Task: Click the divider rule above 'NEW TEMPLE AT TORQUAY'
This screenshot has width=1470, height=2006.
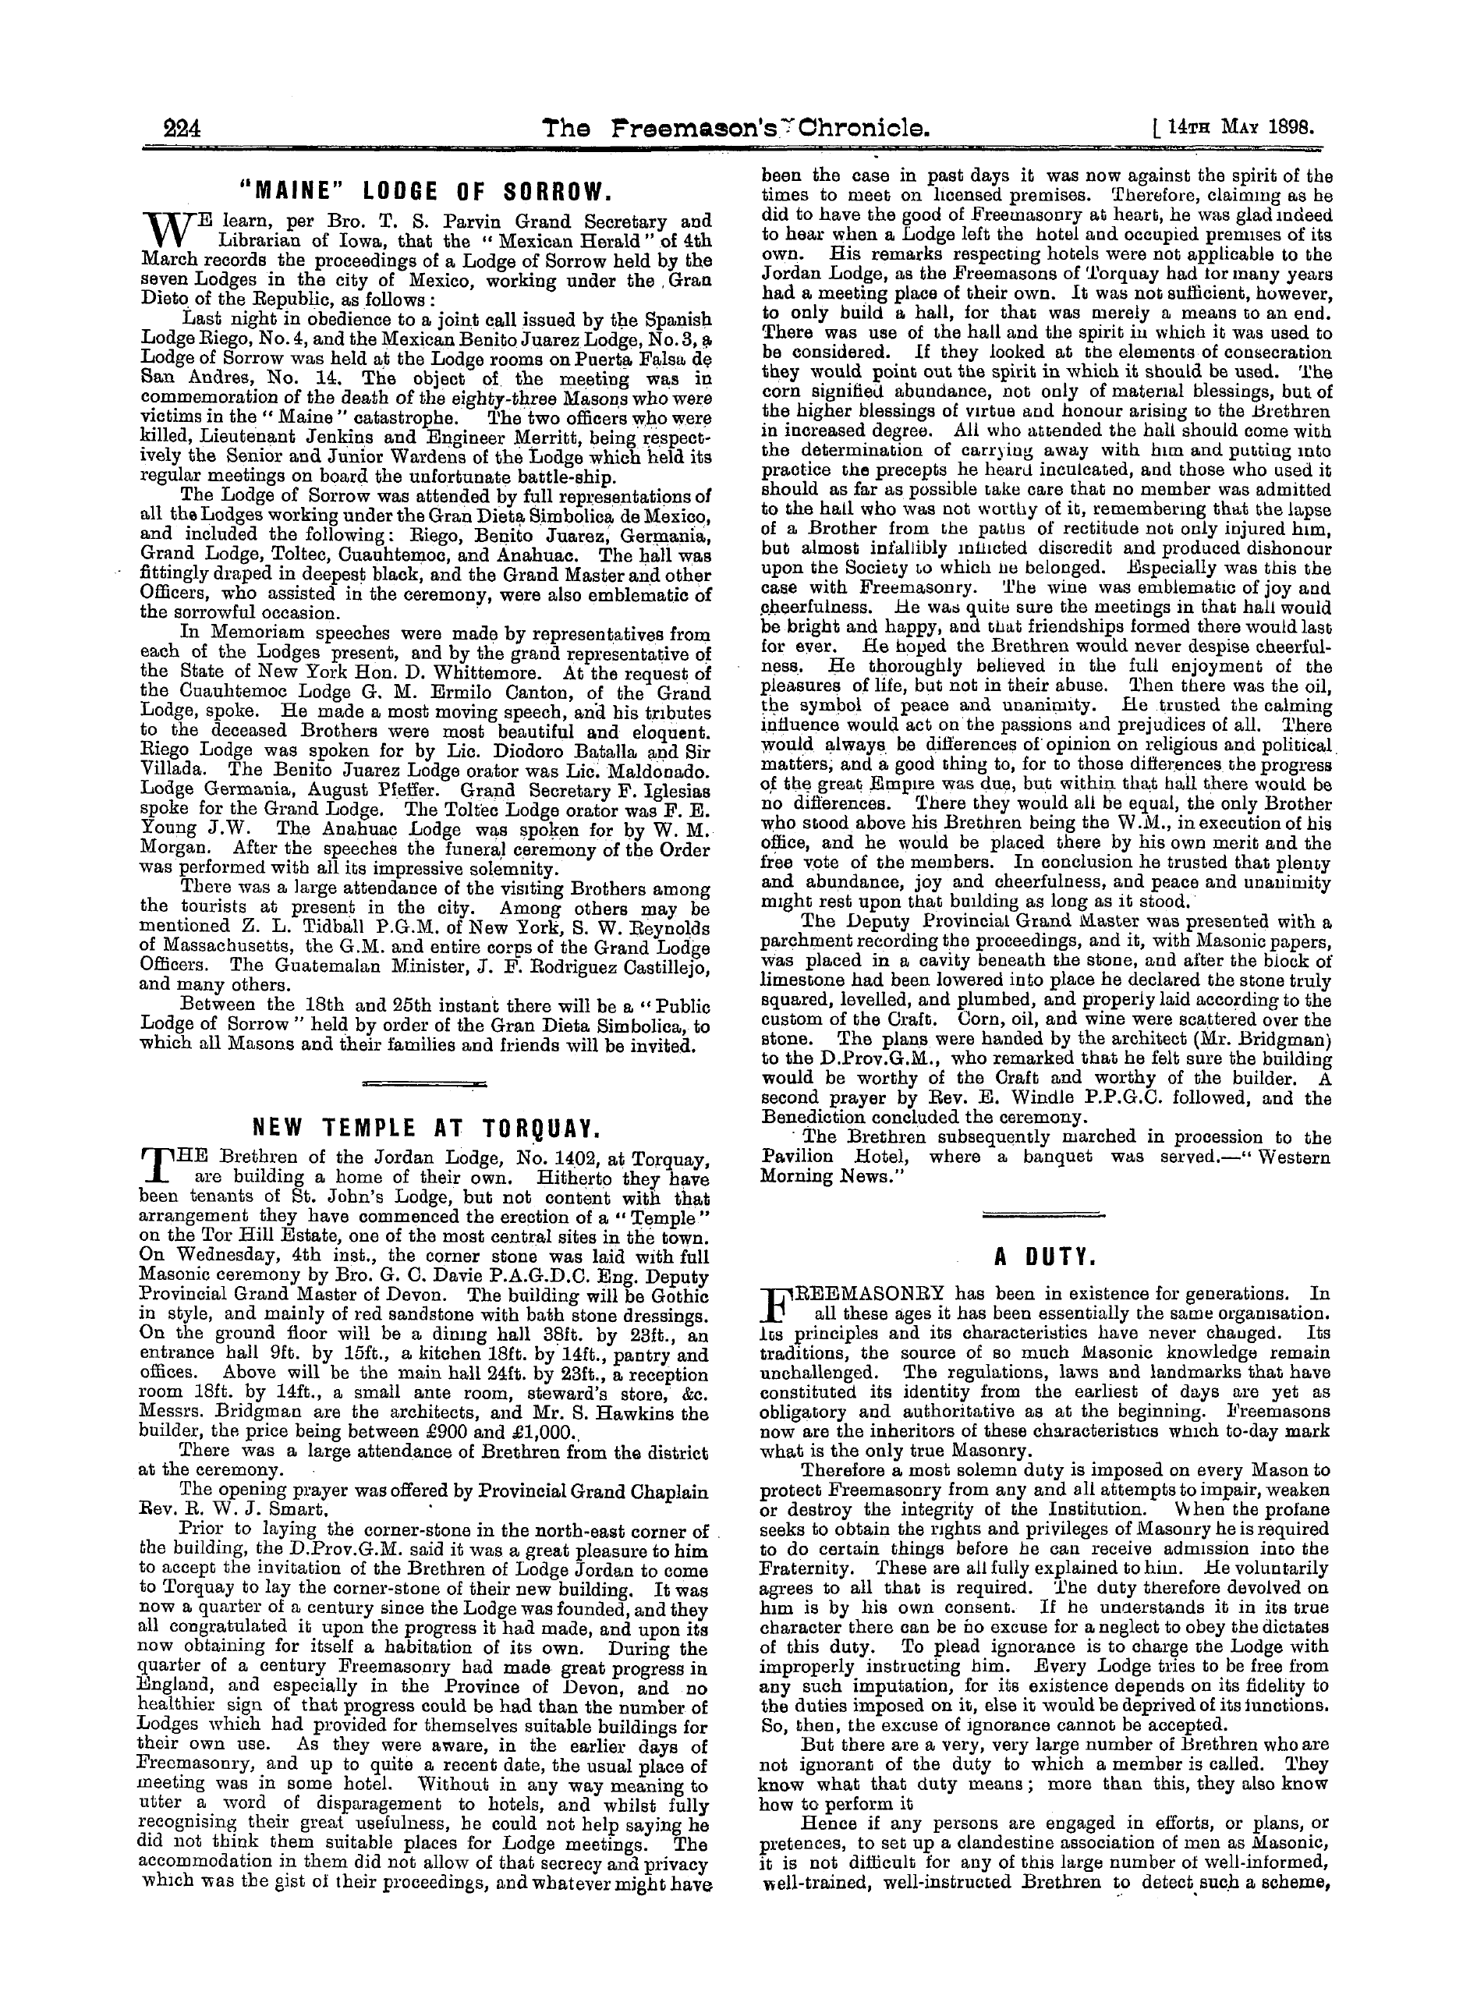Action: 424,1083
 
